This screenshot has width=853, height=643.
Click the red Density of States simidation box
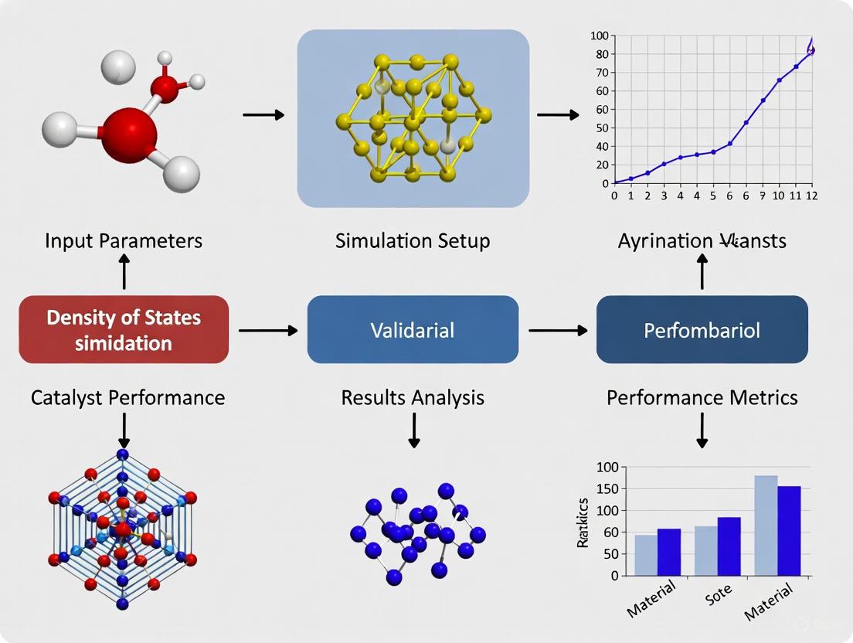124,329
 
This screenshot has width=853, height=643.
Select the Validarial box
413,330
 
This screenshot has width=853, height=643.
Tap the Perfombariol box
702,330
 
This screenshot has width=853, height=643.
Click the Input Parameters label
124,240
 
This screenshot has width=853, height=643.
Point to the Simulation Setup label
413,240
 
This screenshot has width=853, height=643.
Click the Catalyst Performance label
128,397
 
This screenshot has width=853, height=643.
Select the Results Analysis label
413,397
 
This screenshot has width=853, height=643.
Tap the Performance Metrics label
702,397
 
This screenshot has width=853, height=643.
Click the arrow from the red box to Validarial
267,331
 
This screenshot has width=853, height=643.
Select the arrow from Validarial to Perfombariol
557,331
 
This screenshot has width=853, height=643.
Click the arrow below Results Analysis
414,430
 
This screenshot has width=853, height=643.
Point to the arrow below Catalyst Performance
124,430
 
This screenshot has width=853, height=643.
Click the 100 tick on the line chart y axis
600,36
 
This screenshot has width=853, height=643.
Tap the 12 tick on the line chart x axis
811,196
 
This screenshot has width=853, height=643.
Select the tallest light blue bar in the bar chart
766,526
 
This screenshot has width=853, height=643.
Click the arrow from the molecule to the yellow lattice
263,115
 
